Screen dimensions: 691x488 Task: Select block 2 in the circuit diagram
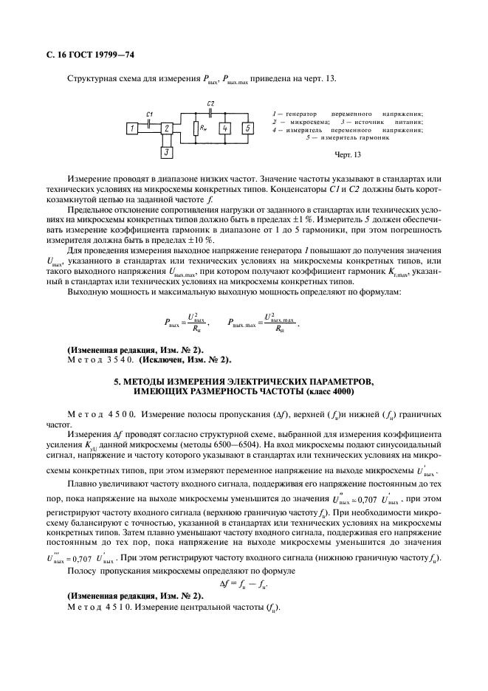167,128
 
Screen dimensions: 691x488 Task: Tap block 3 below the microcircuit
167,153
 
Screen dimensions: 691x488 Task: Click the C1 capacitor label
149,114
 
